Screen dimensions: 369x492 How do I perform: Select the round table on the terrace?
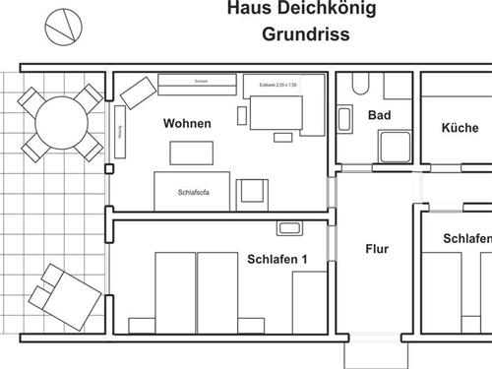[62, 124]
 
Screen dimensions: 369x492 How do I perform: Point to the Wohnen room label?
[185, 125]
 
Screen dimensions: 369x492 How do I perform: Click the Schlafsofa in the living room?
[193, 192]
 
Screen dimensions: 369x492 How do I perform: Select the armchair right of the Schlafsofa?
[254, 192]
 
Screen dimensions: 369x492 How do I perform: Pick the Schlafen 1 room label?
[277, 260]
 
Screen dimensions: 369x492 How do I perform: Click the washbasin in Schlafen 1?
[288, 229]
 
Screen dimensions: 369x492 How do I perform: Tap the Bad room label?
[380, 115]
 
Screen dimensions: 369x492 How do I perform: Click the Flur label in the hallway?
[377, 249]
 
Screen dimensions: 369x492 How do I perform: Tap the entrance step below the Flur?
[369, 354]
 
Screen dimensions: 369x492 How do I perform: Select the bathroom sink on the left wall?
[346, 120]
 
